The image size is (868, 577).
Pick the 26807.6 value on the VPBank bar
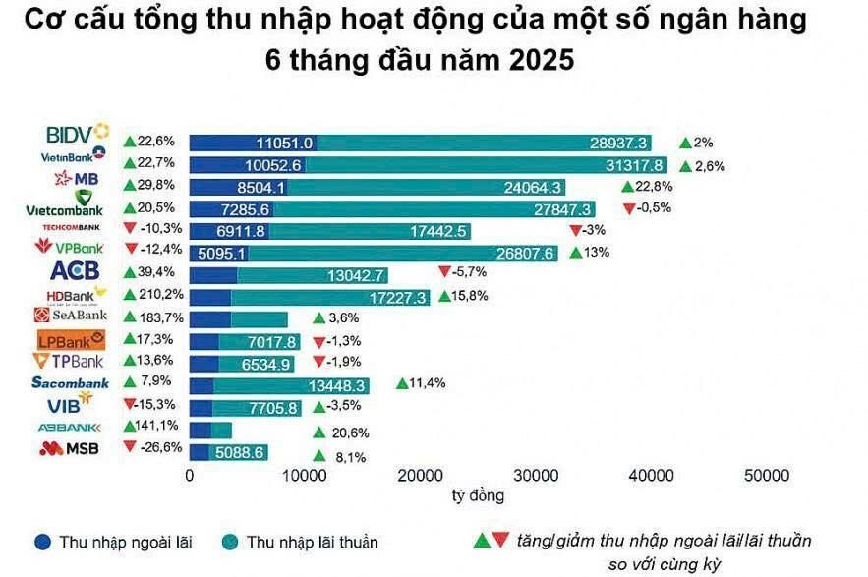(529, 254)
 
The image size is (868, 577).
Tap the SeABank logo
(70, 316)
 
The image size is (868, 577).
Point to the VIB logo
(70, 403)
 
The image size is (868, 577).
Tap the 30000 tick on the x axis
(536, 476)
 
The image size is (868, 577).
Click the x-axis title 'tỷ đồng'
(478, 493)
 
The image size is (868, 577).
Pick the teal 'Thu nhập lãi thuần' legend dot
(230, 541)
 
